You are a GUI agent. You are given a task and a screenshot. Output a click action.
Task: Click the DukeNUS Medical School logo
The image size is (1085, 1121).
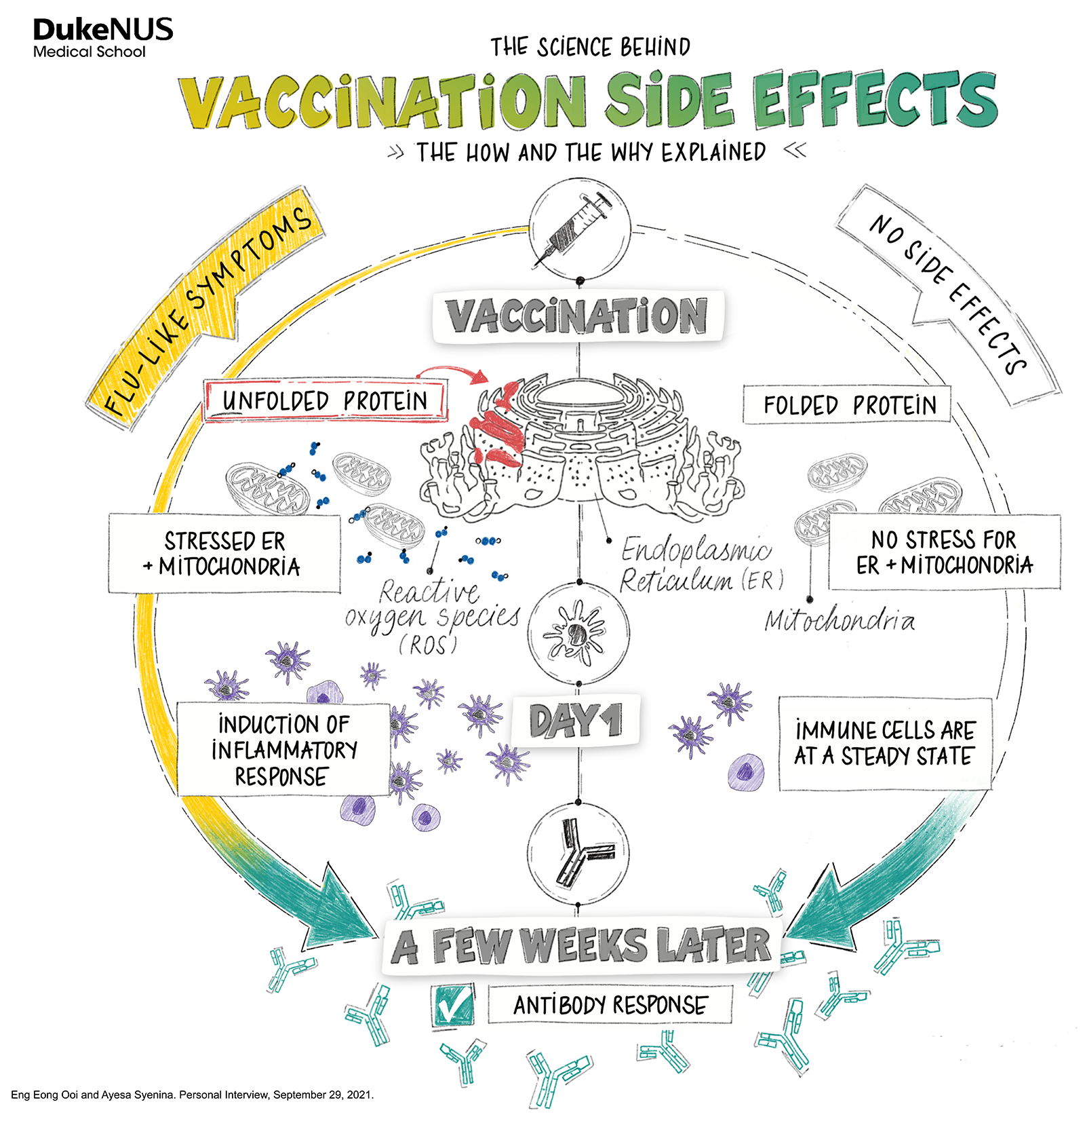[102, 38]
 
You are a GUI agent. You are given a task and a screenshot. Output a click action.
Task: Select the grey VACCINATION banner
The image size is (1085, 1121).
[578, 316]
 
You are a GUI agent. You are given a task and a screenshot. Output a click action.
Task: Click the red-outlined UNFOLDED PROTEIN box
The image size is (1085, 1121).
[325, 401]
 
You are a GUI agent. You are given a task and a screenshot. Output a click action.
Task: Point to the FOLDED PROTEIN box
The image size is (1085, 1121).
[848, 405]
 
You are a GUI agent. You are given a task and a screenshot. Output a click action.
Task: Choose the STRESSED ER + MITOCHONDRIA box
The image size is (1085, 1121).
[224, 553]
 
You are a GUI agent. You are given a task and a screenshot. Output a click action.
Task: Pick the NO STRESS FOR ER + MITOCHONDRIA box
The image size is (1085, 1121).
[944, 552]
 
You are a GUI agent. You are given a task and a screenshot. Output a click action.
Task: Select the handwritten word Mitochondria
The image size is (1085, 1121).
[840, 620]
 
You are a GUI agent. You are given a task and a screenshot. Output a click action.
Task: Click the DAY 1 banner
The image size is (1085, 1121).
[575, 720]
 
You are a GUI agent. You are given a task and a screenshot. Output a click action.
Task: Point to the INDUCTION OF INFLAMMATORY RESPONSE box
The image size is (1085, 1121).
[283, 749]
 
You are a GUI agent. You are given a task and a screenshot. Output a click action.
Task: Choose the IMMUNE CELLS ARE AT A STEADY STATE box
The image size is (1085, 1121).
[885, 743]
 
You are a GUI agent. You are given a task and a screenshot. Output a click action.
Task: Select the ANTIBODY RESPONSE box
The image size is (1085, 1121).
[610, 1004]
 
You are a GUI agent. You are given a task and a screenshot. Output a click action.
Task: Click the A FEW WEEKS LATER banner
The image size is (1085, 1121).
[582, 946]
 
